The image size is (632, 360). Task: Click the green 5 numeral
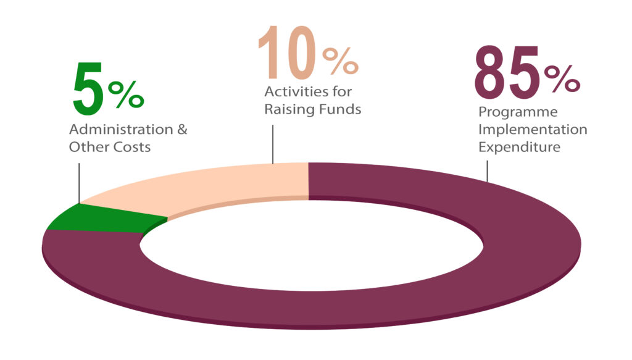point(88,90)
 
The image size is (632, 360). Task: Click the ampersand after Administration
point(181,130)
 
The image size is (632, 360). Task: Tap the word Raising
point(288,110)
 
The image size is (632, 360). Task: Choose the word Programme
point(518,113)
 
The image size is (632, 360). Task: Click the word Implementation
point(533,130)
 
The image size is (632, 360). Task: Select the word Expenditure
point(520,148)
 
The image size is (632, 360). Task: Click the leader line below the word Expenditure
point(488,170)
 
